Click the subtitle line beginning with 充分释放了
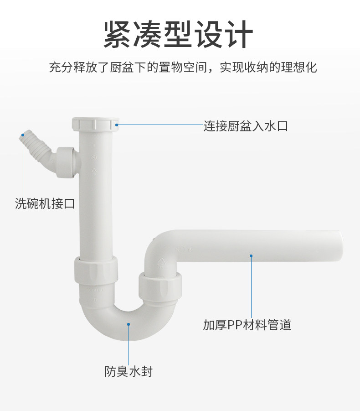click(183, 68)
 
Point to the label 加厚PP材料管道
click(247, 325)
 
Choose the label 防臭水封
click(129, 371)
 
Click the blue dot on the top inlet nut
click(117, 124)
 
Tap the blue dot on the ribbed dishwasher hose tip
click(23, 135)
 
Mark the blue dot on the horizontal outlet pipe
click(251, 255)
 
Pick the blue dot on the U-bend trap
click(129, 324)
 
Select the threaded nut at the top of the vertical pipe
click(95, 124)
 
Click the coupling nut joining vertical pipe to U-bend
click(96, 270)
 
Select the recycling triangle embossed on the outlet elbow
click(162, 262)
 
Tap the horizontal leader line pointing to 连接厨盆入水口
click(160, 125)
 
